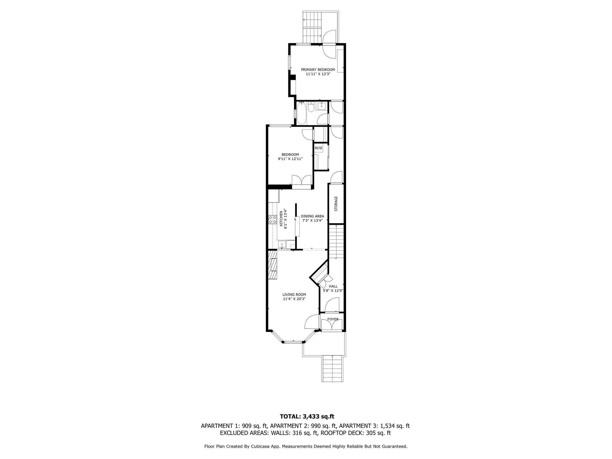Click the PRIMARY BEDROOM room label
(x=318, y=70)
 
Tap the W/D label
(x=318, y=148)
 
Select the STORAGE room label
(x=336, y=204)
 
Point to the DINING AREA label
(x=312, y=216)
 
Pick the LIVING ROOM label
(x=294, y=294)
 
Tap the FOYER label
(x=333, y=319)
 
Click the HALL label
(x=333, y=286)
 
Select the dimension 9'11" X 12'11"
(x=290, y=159)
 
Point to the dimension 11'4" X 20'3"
(x=294, y=299)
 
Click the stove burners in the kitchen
(x=63, y=220)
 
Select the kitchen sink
(x=73, y=245)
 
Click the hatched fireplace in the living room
(x=63, y=265)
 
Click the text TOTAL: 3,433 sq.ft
(x=307, y=416)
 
